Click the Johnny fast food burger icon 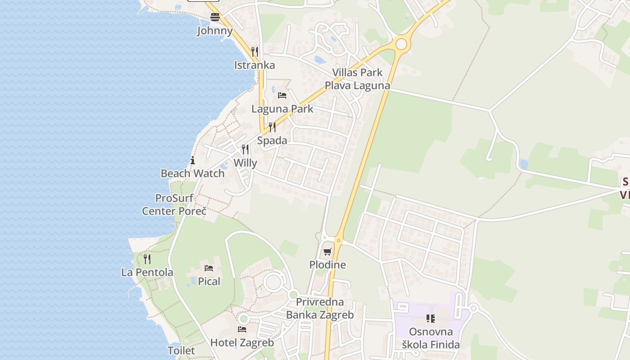coord(215,18)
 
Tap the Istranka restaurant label coord(254,65)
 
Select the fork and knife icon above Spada coord(272,127)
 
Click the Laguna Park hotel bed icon coord(282,95)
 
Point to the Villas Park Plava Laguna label coord(357,79)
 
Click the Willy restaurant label coord(245,163)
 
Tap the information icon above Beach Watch coord(193,160)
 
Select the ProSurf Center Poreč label coord(174,204)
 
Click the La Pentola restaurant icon coord(147,259)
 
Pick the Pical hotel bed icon coord(209,268)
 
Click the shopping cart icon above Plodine coord(327,252)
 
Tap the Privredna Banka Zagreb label coord(320,308)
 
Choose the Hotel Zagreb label coord(242,342)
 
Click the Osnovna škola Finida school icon coord(430,319)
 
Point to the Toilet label coord(181,351)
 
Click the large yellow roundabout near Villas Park coord(400,44)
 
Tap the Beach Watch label coord(193,173)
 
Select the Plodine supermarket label coord(328,265)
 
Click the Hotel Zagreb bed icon coord(242,329)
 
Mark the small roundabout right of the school coord(473,308)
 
